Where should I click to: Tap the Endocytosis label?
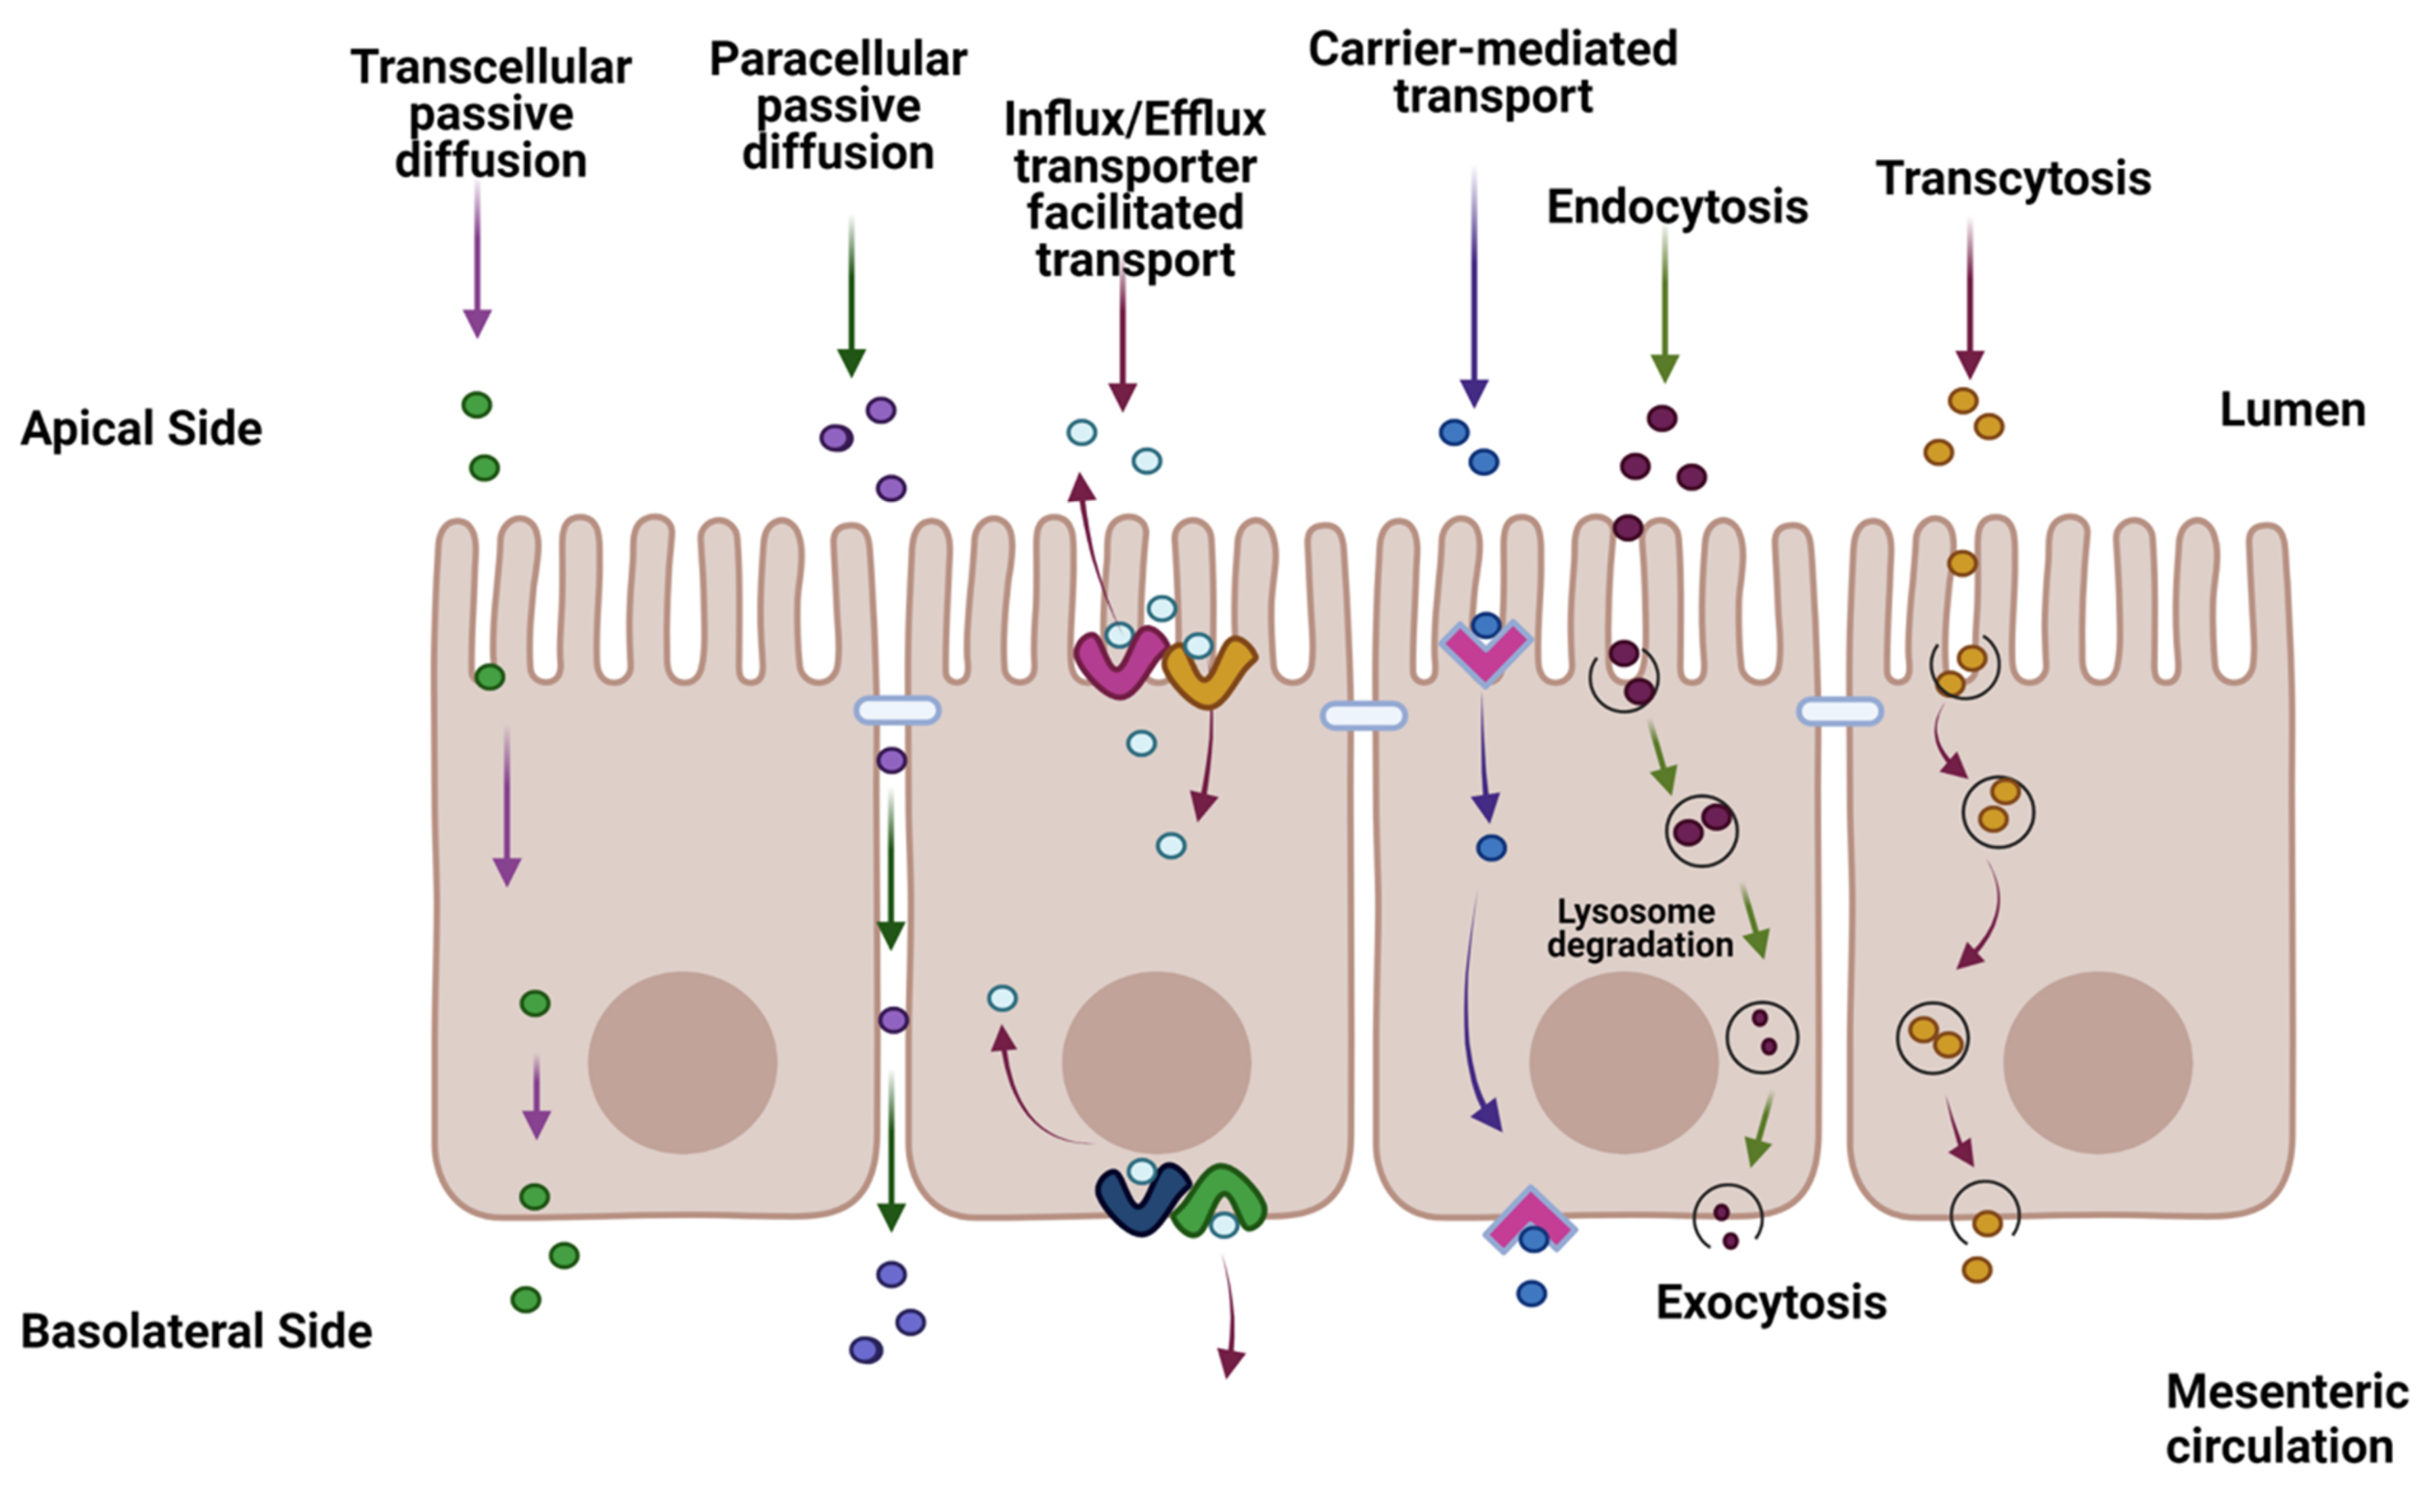(x=1677, y=208)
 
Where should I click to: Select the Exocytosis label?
(x=1770, y=1303)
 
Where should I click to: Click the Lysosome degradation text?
(x=1639, y=928)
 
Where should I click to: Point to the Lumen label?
(x=2292, y=410)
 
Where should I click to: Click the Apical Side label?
(x=141, y=428)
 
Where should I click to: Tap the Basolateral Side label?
(x=196, y=1332)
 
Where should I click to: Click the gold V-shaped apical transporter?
(x=1209, y=673)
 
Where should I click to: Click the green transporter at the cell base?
(x=1220, y=1197)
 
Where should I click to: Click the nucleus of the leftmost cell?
(x=682, y=1062)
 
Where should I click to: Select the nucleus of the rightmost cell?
(x=2097, y=1062)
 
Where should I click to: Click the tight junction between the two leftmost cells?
(x=897, y=709)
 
